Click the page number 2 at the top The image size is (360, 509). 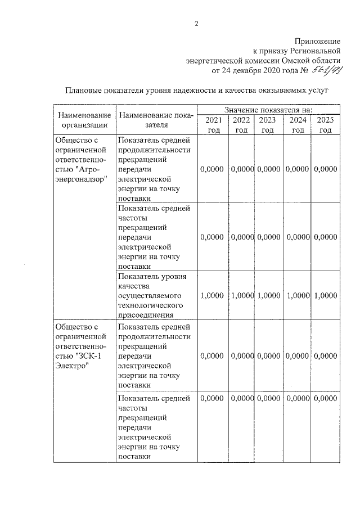click(x=196, y=24)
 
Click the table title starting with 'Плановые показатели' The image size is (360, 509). click(x=196, y=90)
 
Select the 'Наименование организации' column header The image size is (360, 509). click(x=84, y=120)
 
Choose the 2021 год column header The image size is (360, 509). click(x=213, y=125)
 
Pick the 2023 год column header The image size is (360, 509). click(x=268, y=125)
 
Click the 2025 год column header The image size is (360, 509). click(x=325, y=125)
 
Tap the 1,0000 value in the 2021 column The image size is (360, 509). click(x=212, y=295)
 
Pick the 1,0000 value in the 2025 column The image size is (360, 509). click(x=326, y=295)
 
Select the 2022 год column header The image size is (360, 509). click(x=241, y=125)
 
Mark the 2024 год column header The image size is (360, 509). click(x=298, y=125)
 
